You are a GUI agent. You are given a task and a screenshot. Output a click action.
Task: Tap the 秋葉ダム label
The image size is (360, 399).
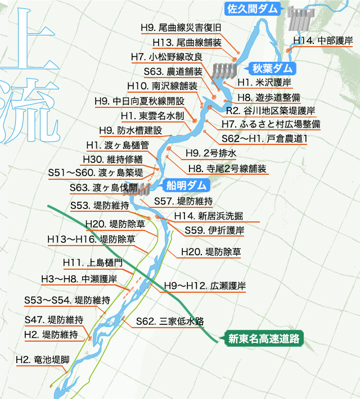273,69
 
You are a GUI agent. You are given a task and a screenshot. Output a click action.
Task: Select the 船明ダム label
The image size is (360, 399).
186,185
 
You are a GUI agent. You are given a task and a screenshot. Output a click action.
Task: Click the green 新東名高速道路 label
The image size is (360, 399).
263,338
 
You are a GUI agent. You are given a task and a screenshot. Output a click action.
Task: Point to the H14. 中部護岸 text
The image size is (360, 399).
323,40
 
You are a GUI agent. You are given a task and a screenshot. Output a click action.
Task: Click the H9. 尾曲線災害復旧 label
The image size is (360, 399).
181,28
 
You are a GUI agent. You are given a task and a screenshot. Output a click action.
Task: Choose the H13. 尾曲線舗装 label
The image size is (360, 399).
187,42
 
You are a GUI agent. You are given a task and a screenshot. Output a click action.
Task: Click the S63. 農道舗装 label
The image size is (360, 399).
173,71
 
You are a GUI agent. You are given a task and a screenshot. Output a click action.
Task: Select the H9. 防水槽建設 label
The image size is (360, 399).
130,130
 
